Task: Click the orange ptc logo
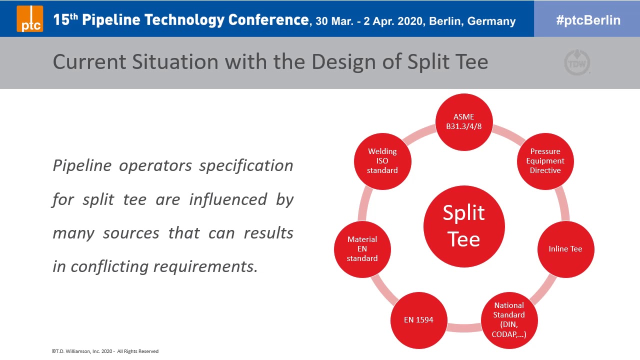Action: coord(30,18)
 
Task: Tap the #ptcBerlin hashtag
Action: coord(588,20)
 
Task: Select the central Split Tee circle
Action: coord(464,226)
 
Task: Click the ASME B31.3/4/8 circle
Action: coord(464,121)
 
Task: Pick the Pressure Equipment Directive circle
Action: coord(545,161)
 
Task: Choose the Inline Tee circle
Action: coord(565,249)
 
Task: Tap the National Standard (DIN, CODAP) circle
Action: coord(509,319)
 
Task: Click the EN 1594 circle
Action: coord(418,320)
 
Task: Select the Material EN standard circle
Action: coord(362,249)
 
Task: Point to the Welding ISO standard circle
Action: coord(382,161)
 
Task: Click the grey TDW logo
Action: coord(577,63)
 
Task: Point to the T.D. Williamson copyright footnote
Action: coord(105,351)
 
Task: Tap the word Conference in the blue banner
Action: coord(268,20)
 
